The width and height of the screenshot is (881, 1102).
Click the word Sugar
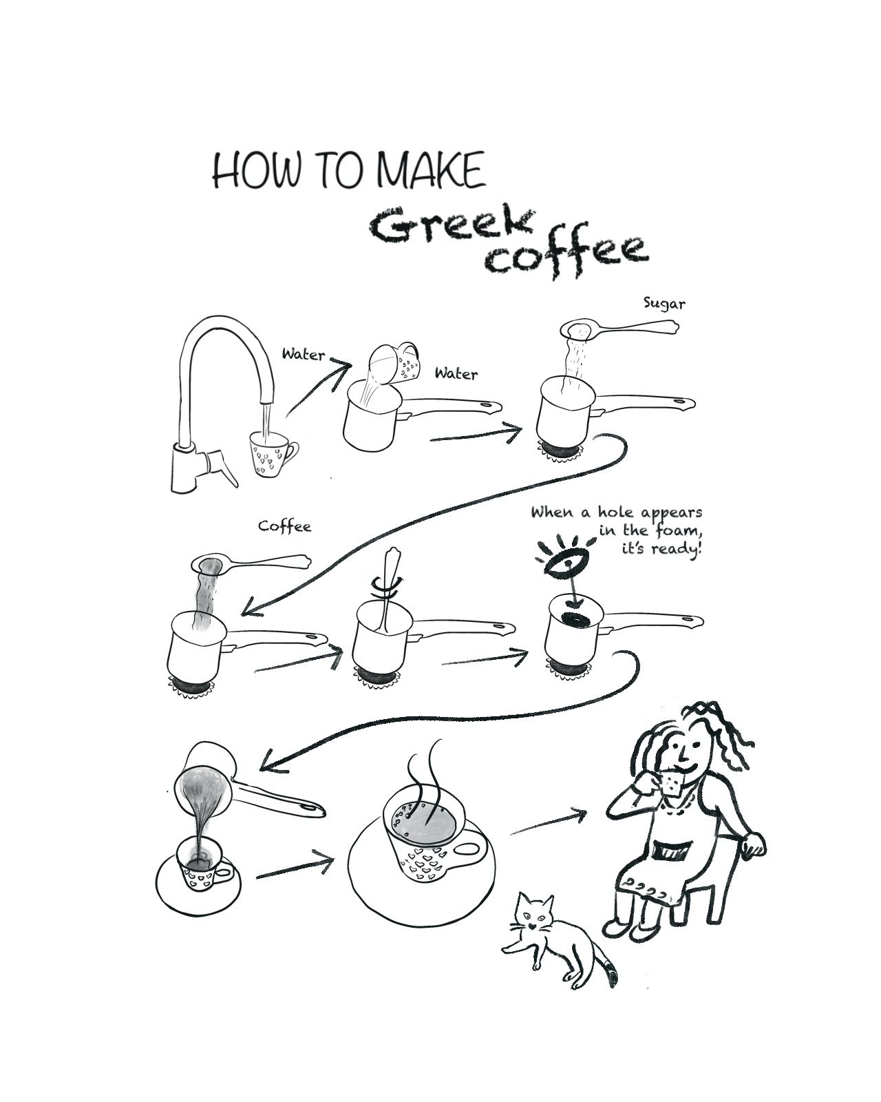664,304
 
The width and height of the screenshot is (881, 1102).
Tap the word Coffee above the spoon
285,526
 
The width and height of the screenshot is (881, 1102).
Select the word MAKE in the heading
431,169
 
